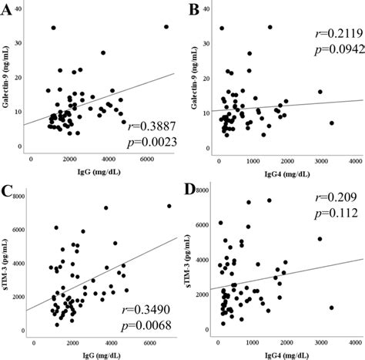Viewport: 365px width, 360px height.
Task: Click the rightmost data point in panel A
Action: tap(166, 27)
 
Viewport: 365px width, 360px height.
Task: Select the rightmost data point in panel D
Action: tap(331, 308)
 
